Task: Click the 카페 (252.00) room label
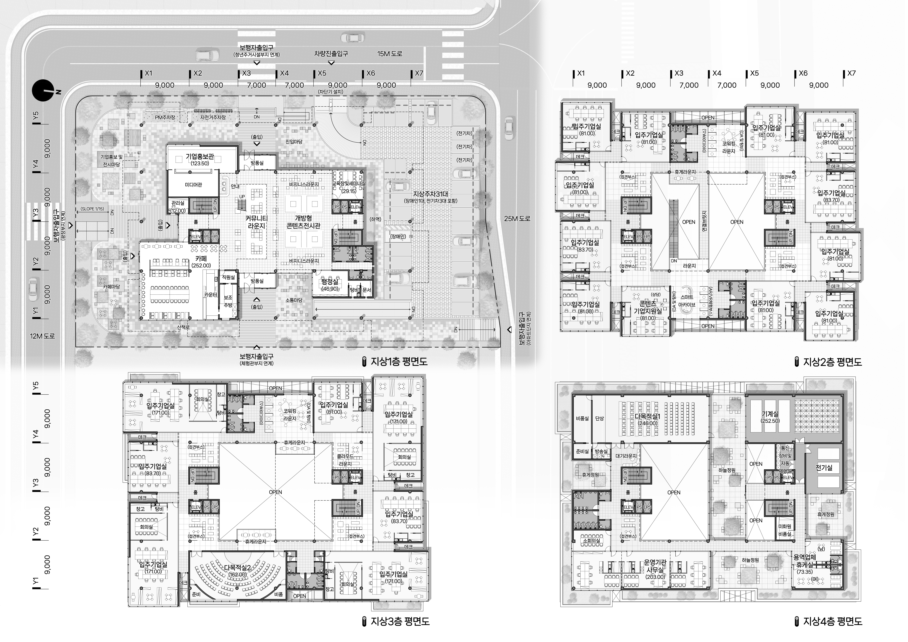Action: click(x=201, y=262)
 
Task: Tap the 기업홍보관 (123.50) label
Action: click(x=200, y=159)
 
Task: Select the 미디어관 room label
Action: click(x=193, y=185)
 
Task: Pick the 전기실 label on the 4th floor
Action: click(x=824, y=468)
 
